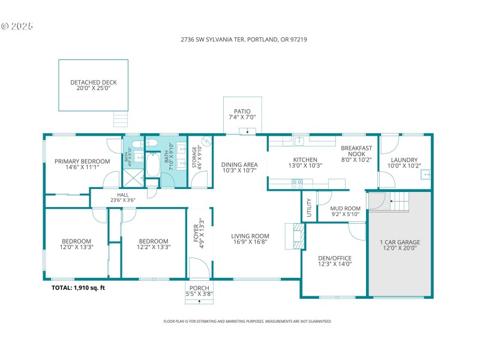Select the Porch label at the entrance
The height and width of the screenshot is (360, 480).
[198, 289]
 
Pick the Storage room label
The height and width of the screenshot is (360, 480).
[196, 159]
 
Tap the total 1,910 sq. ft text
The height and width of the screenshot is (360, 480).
[78, 287]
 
